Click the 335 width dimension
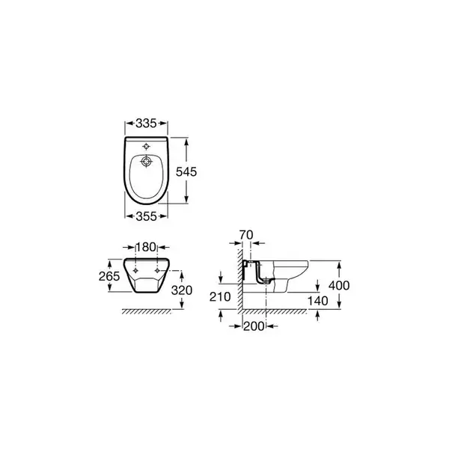click(146, 123)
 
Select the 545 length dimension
click(186, 171)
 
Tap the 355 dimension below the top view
click(146, 216)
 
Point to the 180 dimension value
click(146, 247)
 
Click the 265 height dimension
click(109, 276)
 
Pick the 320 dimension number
click(182, 290)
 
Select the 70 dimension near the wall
click(246, 235)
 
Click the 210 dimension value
click(220, 296)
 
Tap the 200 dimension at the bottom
click(254, 326)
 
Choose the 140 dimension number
click(317, 301)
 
